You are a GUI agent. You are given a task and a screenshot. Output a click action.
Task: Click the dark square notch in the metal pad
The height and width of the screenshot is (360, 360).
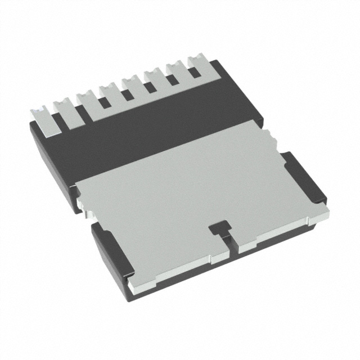218,228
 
